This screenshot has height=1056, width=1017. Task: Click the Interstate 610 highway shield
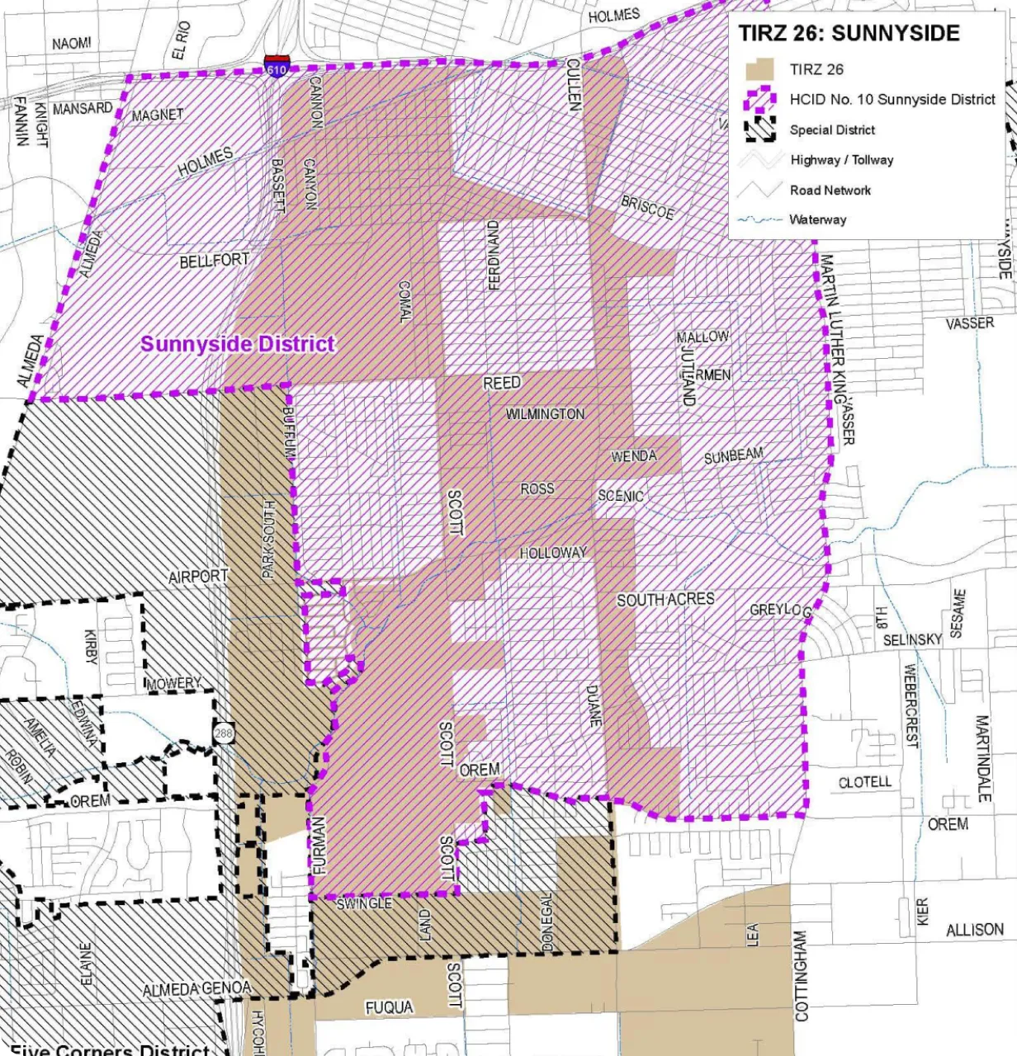point(277,66)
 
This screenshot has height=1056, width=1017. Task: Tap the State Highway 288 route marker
point(223,733)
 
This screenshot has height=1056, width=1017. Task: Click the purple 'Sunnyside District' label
point(238,344)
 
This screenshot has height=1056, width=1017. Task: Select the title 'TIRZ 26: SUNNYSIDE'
point(849,34)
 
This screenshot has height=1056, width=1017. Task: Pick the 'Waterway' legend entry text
point(817,219)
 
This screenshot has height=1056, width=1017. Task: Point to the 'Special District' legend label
point(832,130)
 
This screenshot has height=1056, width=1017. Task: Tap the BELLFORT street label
point(215,261)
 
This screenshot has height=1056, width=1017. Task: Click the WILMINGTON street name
point(545,413)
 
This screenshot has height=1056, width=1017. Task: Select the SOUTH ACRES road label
point(665,600)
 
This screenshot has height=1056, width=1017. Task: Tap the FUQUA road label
point(389,1006)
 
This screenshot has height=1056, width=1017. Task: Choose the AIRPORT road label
point(198,577)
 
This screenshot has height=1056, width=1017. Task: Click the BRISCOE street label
point(648,208)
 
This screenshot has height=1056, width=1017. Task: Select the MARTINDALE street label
point(982,759)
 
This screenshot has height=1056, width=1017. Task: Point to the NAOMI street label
point(72,43)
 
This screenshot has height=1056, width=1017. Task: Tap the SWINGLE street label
point(364,904)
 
